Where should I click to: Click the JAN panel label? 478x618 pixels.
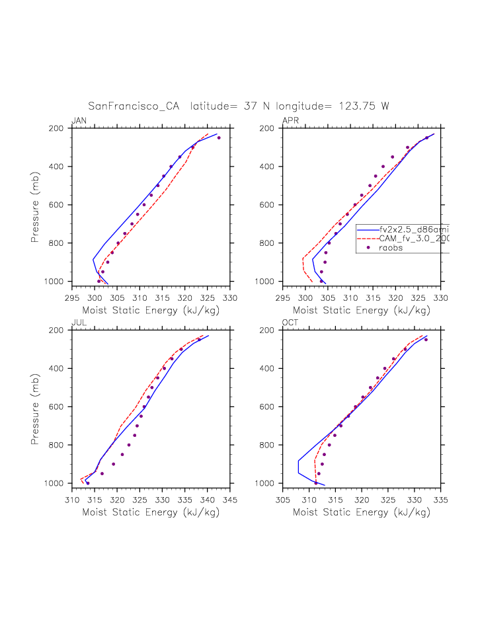click(x=79, y=120)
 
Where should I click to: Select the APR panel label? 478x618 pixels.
click(x=290, y=120)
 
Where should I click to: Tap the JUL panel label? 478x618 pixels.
click(x=78, y=322)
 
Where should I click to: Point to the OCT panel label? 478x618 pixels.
click(x=290, y=322)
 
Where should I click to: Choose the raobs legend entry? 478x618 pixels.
click(x=391, y=248)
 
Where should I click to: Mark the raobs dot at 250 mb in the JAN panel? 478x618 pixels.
click(x=219, y=137)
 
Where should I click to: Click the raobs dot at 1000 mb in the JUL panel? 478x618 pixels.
click(x=87, y=483)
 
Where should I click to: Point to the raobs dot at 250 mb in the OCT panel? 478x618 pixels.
click(x=426, y=339)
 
